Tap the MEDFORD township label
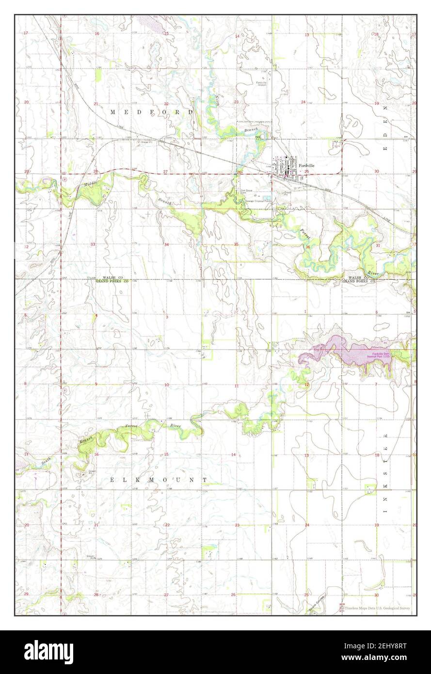pyautogui.click(x=151, y=112)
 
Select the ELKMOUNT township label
pyautogui.click(x=158, y=480)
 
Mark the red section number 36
pyautogui.click(x=308, y=247)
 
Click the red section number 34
pyautogui.click(x=166, y=244)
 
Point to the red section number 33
pyautogui.click(x=96, y=244)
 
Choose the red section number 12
pyautogui.click(x=307, y=385)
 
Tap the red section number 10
pyautogui.click(x=166, y=385)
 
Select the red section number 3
pyautogui.click(x=166, y=317)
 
